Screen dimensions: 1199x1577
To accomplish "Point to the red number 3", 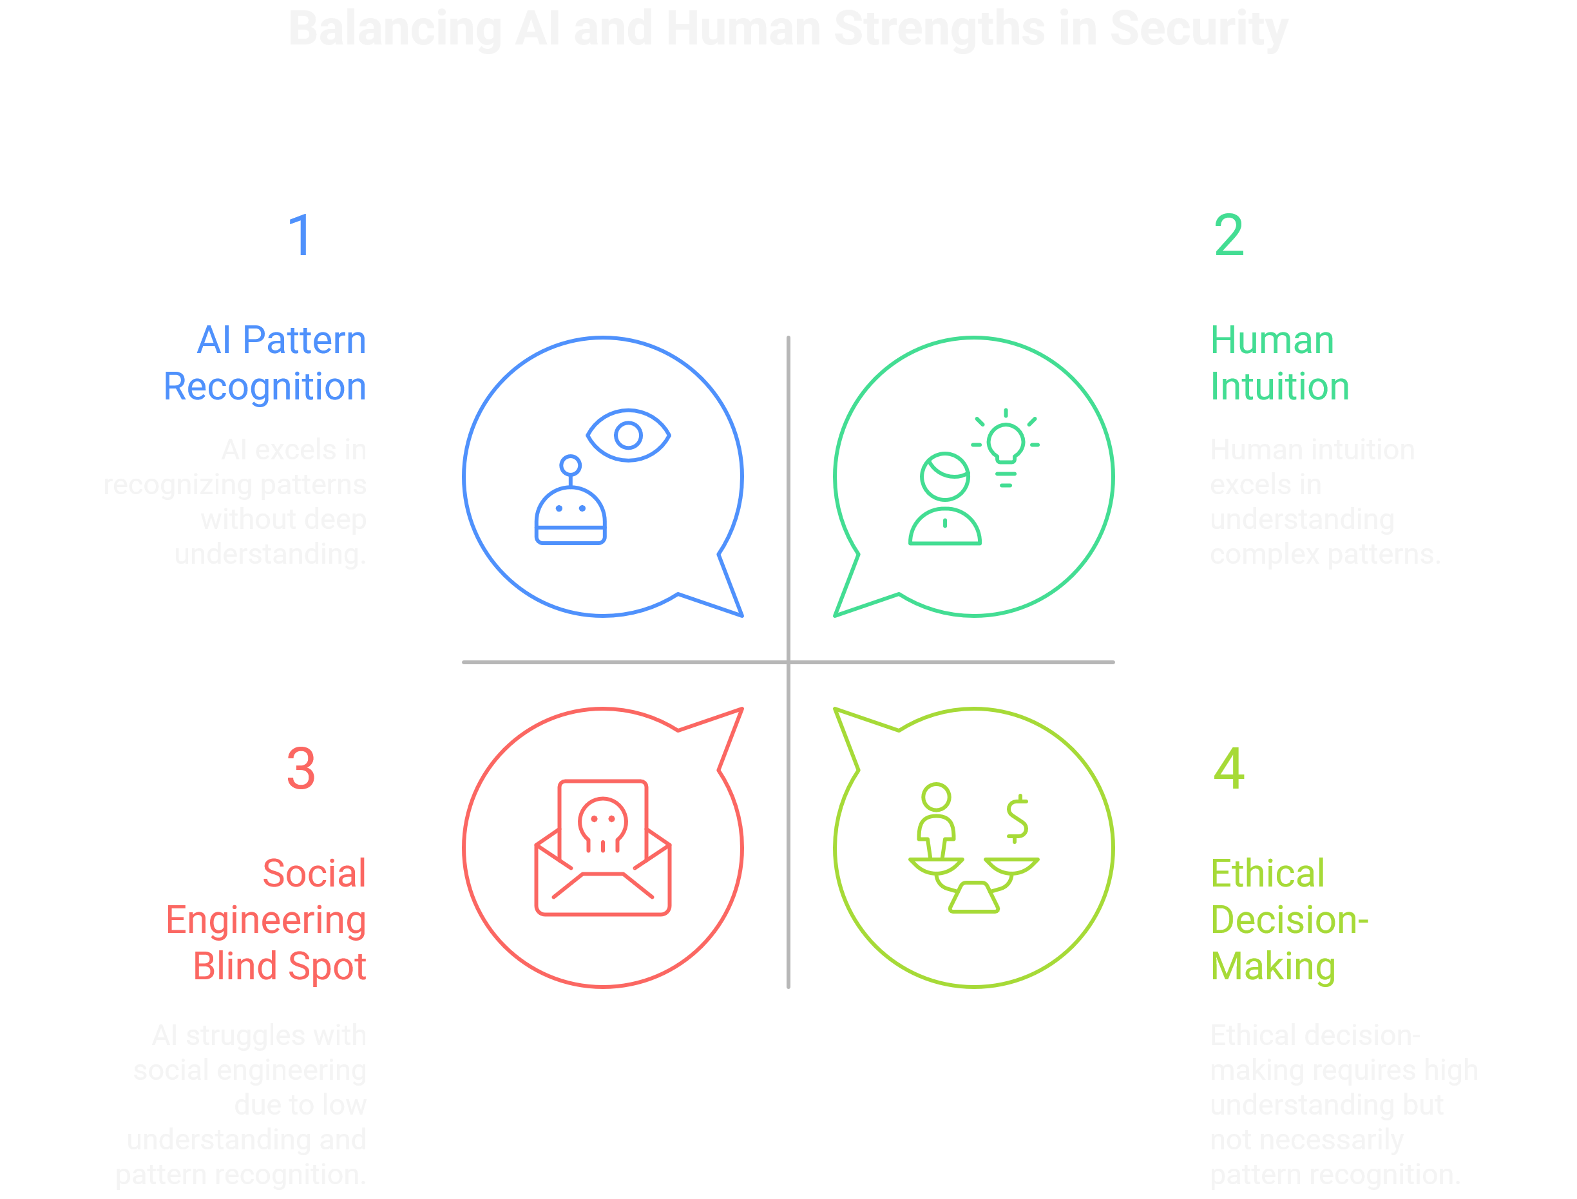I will (300, 769).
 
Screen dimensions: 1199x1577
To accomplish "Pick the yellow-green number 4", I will (1228, 769).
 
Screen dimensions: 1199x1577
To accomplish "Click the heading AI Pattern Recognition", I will (265, 363).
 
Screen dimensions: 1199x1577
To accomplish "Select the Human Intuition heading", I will (1279, 363).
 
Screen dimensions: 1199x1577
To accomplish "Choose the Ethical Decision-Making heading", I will (1288, 919).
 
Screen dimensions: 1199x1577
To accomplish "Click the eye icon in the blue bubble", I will (628, 435).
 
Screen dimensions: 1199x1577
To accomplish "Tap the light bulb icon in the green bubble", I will (1006, 444).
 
